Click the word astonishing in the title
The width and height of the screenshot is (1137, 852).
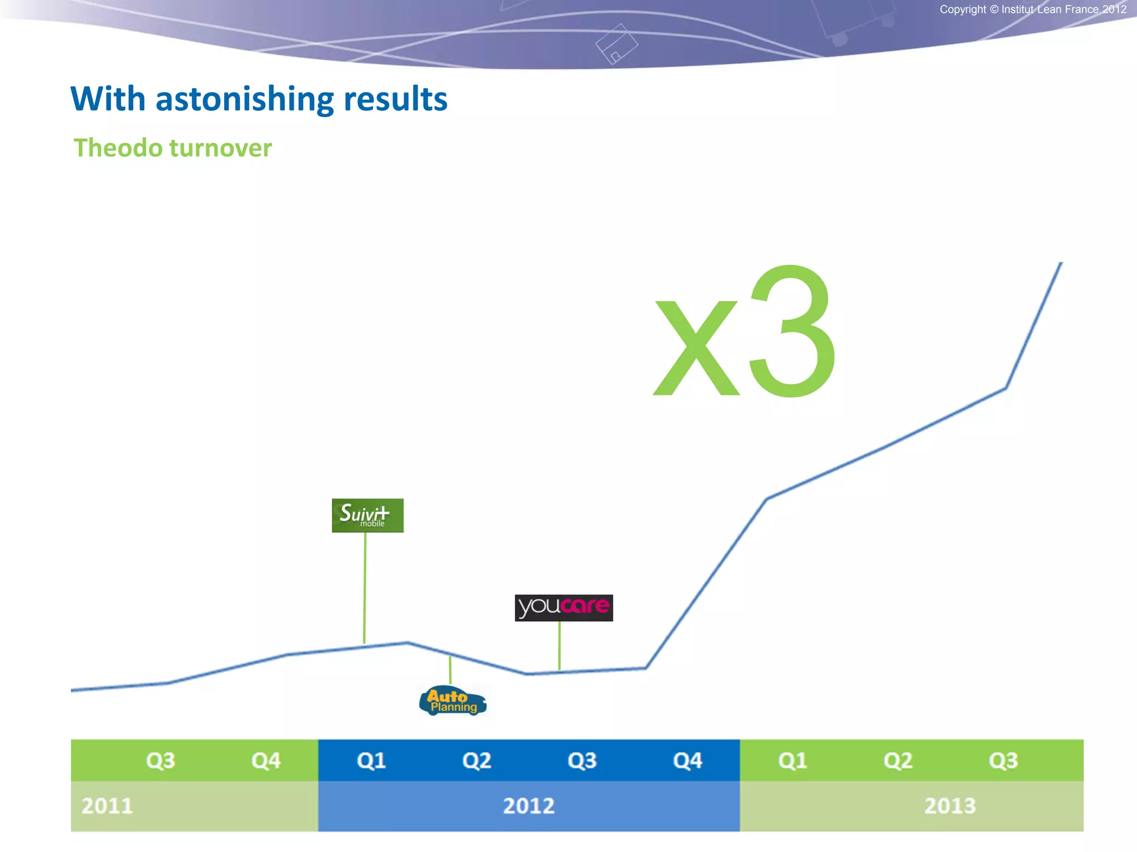[244, 100]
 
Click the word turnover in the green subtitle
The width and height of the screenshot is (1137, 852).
[220, 148]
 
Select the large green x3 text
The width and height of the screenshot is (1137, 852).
[744, 333]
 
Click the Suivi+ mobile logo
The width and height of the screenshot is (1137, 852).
[368, 515]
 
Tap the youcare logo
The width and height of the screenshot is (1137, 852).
[564, 607]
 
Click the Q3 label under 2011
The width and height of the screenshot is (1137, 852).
[160, 760]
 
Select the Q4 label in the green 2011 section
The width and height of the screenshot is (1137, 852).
[266, 760]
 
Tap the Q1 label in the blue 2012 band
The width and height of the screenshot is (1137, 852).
[371, 760]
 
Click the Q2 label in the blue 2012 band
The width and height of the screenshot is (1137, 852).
[477, 760]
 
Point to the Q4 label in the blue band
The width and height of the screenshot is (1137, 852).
[687, 760]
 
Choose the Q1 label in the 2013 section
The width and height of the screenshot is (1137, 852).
[793, 760]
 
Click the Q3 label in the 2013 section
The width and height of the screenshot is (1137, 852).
[1003, 760]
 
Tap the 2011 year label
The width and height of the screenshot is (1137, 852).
[107, 806]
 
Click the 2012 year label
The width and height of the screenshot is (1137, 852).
[529, 806]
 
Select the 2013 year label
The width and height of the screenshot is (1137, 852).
[950, 806]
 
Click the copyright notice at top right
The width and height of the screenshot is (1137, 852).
[1033, 9]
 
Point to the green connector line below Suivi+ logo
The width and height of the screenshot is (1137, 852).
[365, 588]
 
